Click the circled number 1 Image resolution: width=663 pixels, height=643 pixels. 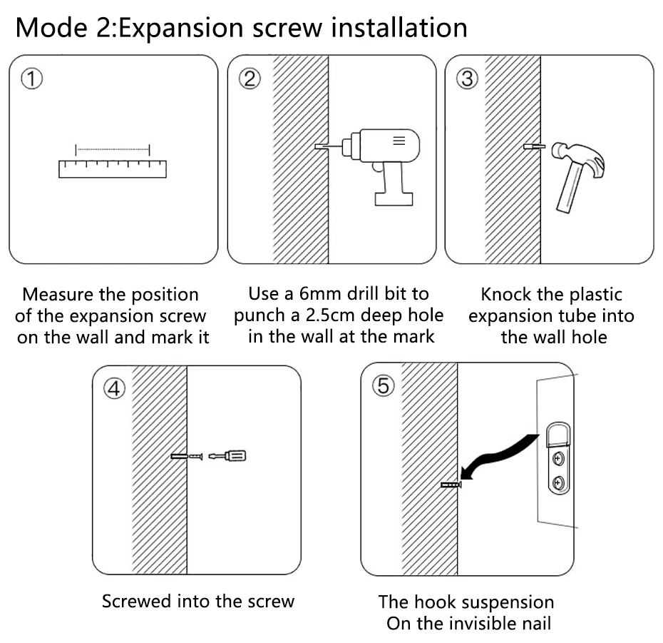tap(31, 79)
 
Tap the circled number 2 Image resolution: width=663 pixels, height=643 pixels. tap(250, 79)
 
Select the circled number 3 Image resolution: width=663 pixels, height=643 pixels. tap(467, 79)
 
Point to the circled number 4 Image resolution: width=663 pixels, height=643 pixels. tap(115, 389)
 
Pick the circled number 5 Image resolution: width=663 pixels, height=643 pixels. tap(383, 385)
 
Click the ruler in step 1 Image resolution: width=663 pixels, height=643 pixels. tap(113, 169)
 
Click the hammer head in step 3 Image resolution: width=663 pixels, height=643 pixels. tap(580, 158)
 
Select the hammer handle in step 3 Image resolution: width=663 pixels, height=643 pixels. tap(569, 188)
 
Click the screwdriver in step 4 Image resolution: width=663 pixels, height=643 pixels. tap(227, 456)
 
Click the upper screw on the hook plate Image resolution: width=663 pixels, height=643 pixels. tap(559, 458)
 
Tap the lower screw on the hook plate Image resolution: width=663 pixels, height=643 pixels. tap(559, 482)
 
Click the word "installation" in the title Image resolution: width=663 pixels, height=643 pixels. tap(399, 28)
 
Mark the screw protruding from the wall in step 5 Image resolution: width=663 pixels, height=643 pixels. tap(451, 485)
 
